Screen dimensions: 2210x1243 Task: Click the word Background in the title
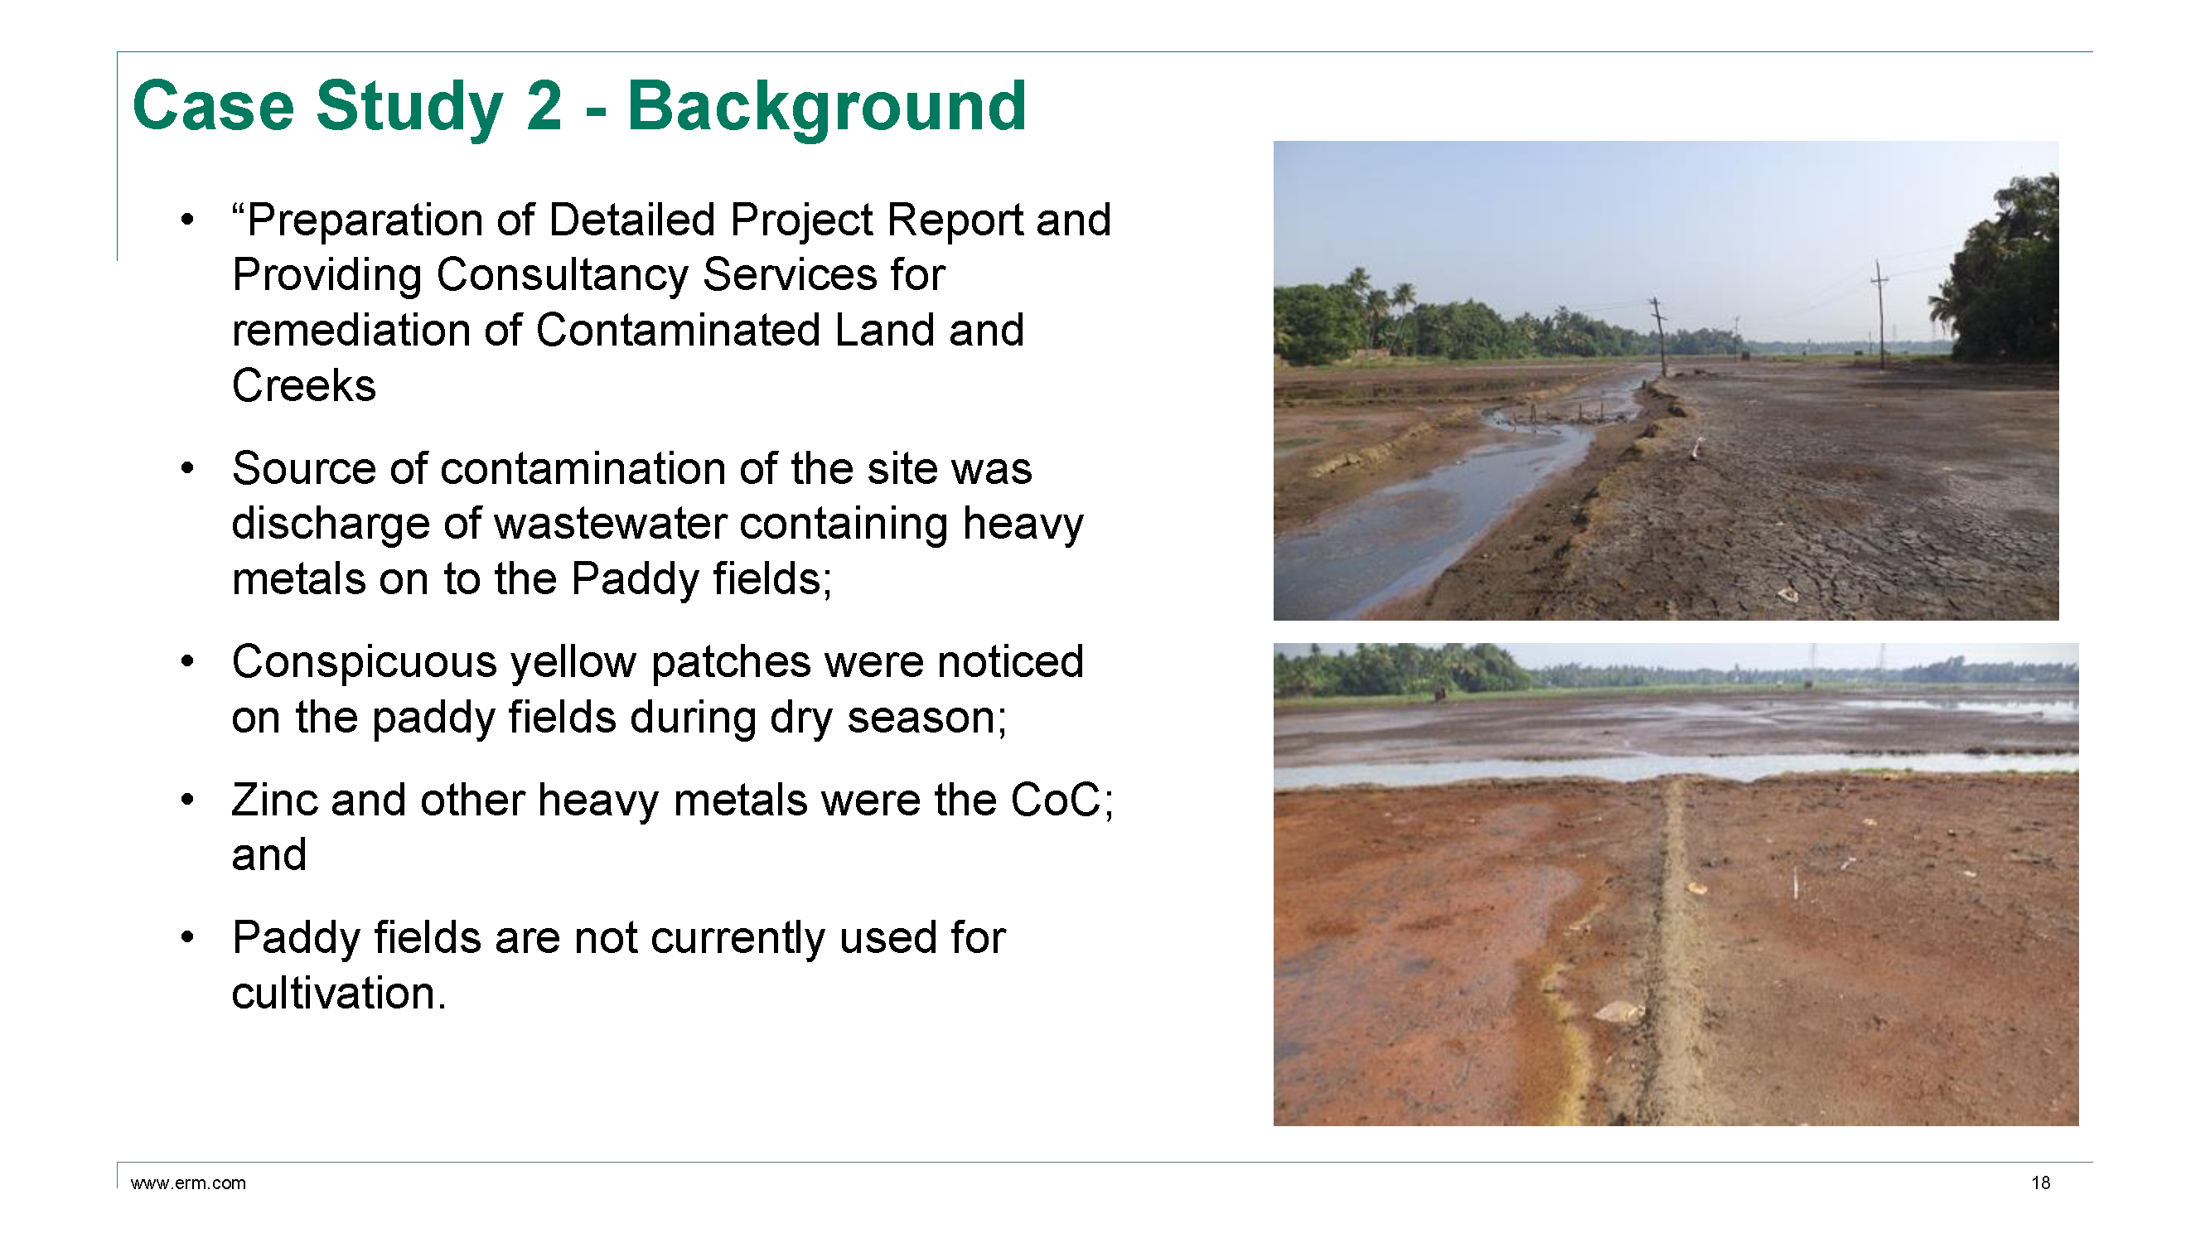pos(827,106)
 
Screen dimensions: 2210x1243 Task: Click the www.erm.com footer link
pos(188,1183)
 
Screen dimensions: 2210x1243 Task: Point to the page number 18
pos(2041,1183)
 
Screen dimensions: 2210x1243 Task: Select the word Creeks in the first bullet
pos(304,385)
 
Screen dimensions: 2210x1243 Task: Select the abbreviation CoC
pos(1054,800)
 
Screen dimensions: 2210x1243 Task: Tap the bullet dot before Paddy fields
pos(188,937)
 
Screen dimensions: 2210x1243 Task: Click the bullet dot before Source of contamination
pos(188,468)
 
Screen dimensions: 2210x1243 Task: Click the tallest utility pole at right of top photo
pos(1879,314)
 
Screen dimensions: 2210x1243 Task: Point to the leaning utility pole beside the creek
pos(1660,336)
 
